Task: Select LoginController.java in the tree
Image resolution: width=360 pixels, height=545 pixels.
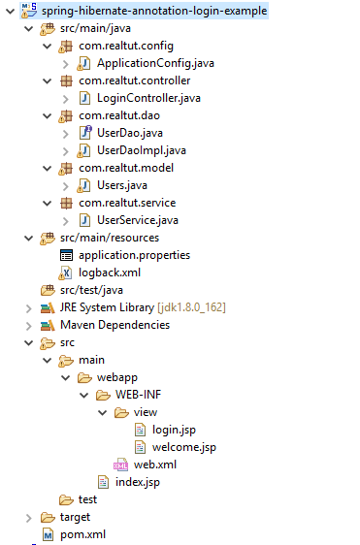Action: (x=148, y=98)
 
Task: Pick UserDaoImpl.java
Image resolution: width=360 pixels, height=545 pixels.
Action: (x=143, y=150)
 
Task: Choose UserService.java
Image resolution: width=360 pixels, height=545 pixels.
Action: (x=138, y=220)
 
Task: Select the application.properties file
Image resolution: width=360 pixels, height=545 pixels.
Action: (x=134, y=255)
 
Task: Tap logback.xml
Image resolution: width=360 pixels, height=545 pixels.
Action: (x=110, y=272)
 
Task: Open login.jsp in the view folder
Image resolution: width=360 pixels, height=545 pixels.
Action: (x=175, y=430)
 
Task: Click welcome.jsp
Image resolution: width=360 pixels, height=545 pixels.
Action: (x=183, y=447)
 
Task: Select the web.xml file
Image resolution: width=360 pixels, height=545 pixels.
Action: (x=154, y=465)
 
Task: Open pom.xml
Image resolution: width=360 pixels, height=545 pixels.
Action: (x=82, y=534)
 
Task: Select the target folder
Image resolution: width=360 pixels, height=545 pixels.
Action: (x=75, y=517)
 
